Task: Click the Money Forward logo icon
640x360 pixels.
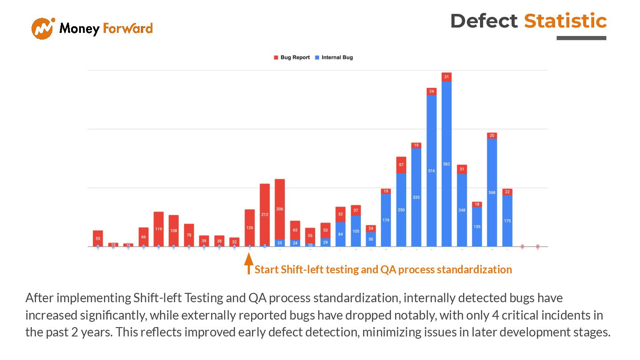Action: pyautogui.click(x=43, y=28)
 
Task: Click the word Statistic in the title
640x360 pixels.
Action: pyautogui.click(x=565, y=21)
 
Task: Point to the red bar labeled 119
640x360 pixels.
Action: pyautogui.click(x=159, y=229)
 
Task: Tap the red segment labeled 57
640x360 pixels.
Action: pyautogui.click(x=401, y=165)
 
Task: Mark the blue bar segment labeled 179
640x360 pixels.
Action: pyautogui.click(x=386, y=220)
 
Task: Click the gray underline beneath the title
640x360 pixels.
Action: pyautogui.click(x=581, y=38)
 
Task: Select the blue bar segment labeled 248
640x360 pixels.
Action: pyautogui.click(x=462, y=210)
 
